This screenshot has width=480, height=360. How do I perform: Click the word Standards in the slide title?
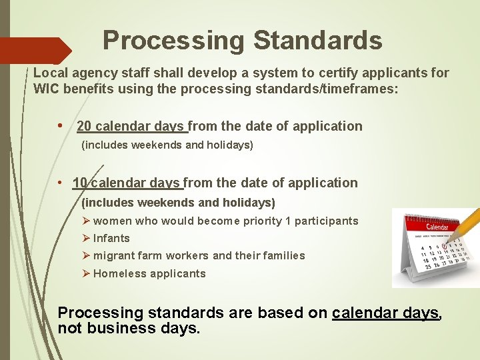(317, 41)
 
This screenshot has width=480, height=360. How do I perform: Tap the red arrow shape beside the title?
(37, 51)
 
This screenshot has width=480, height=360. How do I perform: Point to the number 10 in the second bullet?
(80, 183)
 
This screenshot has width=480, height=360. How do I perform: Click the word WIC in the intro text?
(47, 89)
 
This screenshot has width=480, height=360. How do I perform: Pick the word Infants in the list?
(111, 238)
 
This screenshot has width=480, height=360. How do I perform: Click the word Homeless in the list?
(116, 273)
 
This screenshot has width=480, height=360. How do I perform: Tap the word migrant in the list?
(114, 256)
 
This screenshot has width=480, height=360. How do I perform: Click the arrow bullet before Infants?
(86, 238)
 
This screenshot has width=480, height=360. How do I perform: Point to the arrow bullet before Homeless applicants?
(86, 273)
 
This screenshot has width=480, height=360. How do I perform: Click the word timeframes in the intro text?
(361, 89)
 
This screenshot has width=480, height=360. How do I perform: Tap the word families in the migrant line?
(282, 256)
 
